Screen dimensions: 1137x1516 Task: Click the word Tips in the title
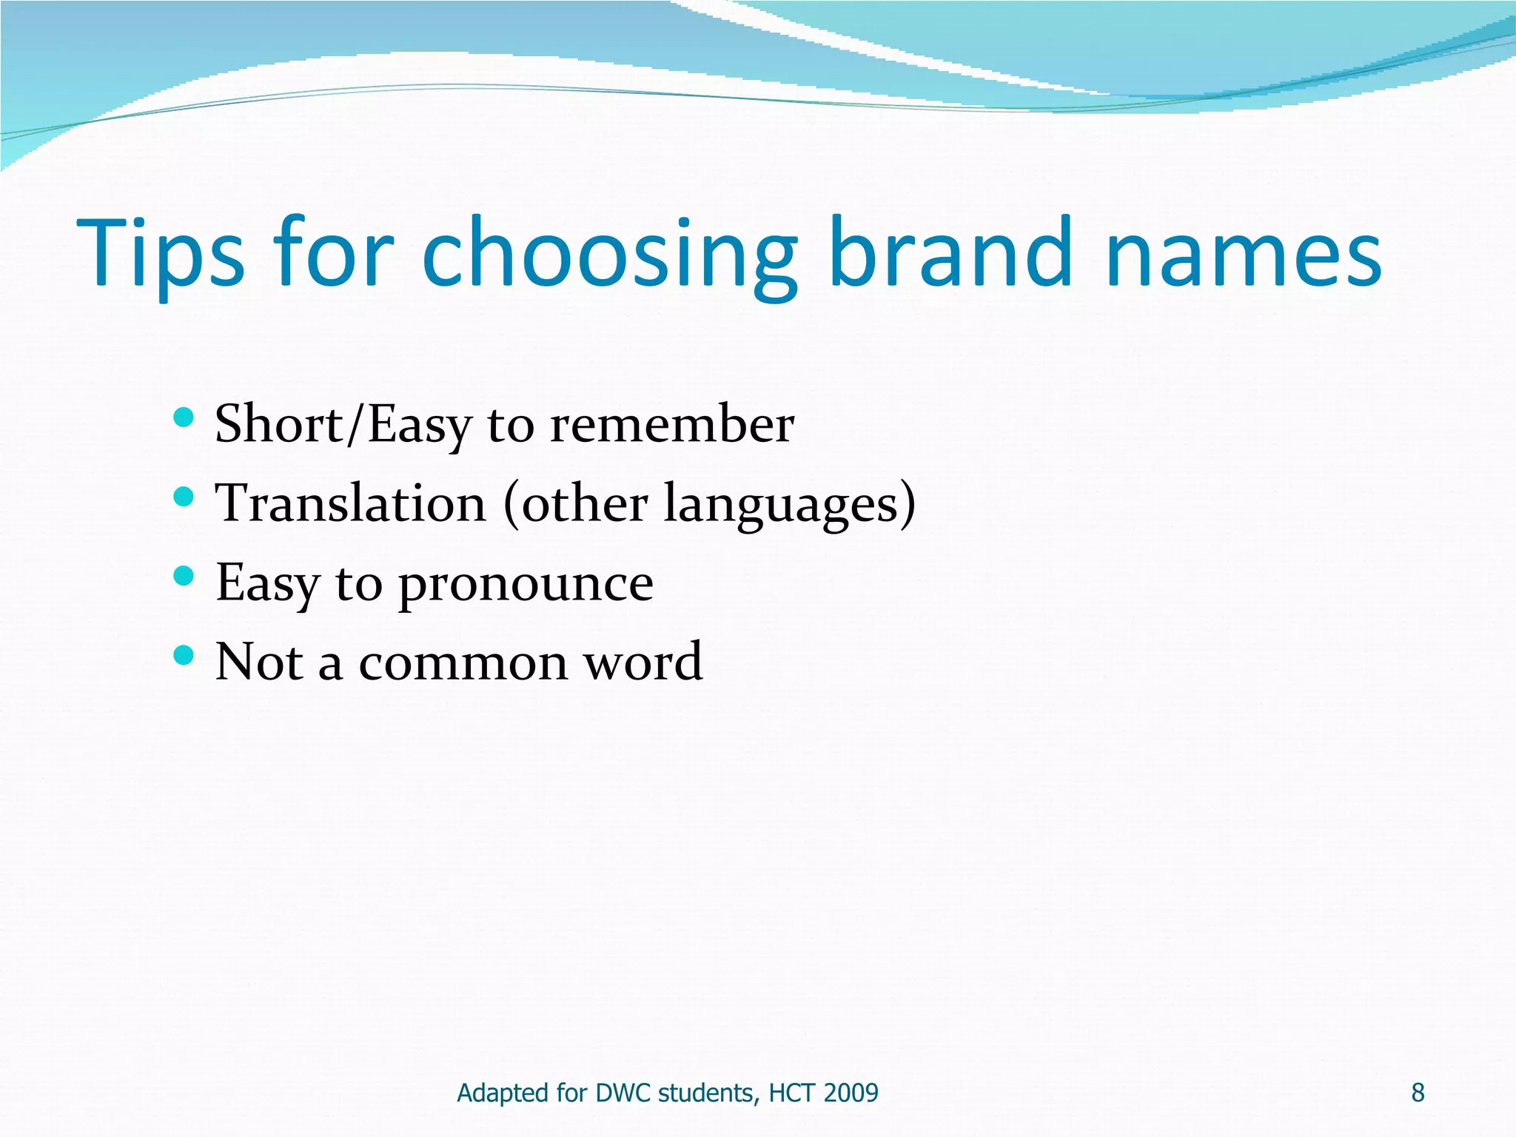(160, 253)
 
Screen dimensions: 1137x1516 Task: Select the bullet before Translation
(183, 497)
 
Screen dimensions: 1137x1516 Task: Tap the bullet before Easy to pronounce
(183, 576)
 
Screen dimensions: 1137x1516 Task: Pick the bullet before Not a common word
(183, 654)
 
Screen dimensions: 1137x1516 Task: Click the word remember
(672, 426)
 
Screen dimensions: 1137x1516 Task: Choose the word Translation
(350, 504)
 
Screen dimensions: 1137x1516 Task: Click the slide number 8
(1418, 1093)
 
